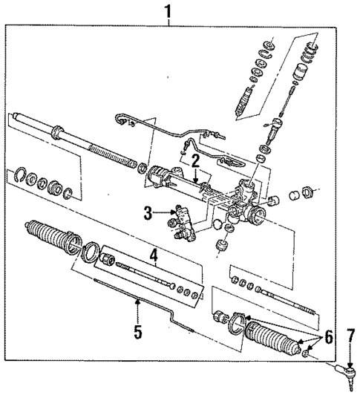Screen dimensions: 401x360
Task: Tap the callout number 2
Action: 194,160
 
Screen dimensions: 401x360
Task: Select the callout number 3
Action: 148,213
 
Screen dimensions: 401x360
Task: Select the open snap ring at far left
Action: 22,175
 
